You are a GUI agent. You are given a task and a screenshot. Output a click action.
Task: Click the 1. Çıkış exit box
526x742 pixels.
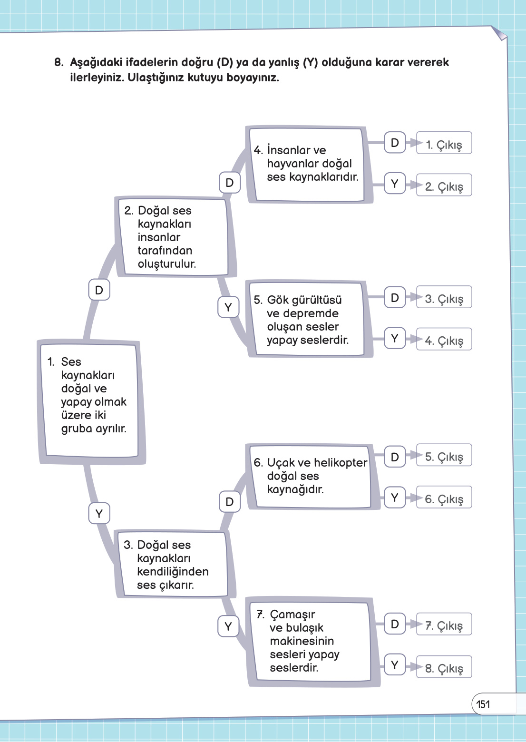click(x=444, y=143)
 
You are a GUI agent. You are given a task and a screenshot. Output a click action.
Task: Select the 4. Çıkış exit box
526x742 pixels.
click(x=444, y=339)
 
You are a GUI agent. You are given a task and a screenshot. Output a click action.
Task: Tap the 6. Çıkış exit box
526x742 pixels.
click(x=444, y=498)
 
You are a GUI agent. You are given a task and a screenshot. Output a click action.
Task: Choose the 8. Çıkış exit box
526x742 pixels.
click(x=444, y=667)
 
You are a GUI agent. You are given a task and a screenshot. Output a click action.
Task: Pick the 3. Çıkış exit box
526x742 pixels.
click(x=444, y=297)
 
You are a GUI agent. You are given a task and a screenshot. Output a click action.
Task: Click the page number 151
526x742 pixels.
click(x=483, y=704)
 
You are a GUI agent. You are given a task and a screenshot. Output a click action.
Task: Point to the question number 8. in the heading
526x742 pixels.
click(x=59, y=62)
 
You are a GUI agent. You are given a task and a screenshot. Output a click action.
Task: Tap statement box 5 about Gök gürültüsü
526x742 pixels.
click(x=308, y=319)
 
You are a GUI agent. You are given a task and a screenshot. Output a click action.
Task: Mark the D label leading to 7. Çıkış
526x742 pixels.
click(x=394, y=625)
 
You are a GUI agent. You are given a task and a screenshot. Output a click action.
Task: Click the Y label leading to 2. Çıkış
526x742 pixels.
click(x=394, y=184)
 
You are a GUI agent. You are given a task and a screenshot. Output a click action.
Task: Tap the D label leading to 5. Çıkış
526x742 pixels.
click(x=394, y=457)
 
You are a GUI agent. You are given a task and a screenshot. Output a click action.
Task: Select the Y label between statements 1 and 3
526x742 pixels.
click(x=99, y=514)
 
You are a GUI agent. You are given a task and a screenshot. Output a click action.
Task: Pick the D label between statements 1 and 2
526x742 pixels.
click(x=99, y=290)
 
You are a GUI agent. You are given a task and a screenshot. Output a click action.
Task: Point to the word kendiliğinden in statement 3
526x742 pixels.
click(x=173, y=572)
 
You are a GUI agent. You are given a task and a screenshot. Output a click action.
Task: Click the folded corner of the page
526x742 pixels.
click(x=500, y=33)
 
